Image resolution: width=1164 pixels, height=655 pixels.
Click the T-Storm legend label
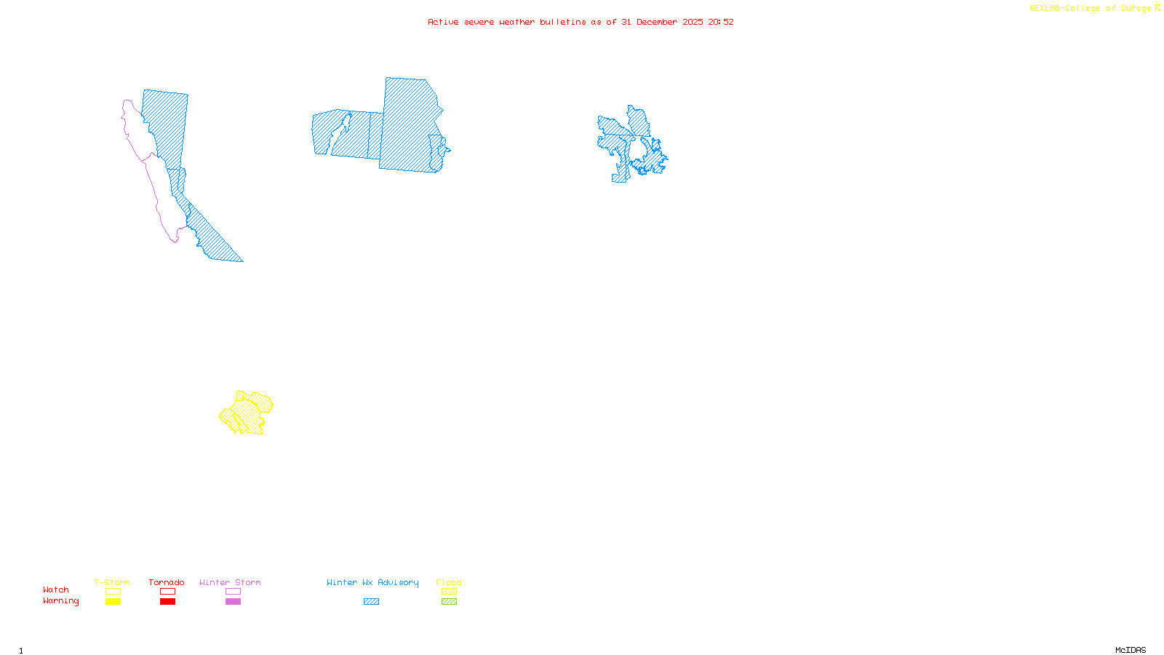pyautogui.click(x=112, y=582)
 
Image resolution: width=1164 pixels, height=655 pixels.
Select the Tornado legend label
pyautogui.click(x=167, y=582)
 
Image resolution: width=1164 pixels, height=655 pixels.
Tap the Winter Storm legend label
pyautogui.click(x=230, y=582)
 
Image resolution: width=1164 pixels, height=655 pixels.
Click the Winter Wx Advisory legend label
pyautogui.click(x=372, y=582)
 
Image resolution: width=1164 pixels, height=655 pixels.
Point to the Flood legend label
pyautogui.click(x=449, y=582)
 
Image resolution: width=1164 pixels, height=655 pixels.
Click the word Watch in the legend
pyautogui.click(x=56, y=589)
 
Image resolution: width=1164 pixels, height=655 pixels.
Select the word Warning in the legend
pyautogui.click(x=61, y=601)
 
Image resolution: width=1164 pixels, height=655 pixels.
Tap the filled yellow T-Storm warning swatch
pyautogui.click(x=113, y=602)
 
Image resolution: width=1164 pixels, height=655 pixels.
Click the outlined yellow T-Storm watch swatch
pyautogui.click(x=113, y=592)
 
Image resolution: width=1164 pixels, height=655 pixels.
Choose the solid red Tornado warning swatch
pyautogui.click(x=167, y=602)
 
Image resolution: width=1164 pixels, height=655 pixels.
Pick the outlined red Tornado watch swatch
pyautogui.click(x=167, y=592)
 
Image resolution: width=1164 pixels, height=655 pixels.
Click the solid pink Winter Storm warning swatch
pyautogui.click(x=233, y=602)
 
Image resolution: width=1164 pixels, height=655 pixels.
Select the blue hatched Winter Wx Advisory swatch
pyautogui.click(x=371, y=602)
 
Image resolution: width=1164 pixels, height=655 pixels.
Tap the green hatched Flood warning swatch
pyautogui.click(x=449, y=602)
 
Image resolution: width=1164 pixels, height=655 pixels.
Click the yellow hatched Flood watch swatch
pyautogui.click(x=449, y=592)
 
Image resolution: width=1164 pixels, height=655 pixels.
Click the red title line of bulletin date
pyautogui.click(x=581, y=22)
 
